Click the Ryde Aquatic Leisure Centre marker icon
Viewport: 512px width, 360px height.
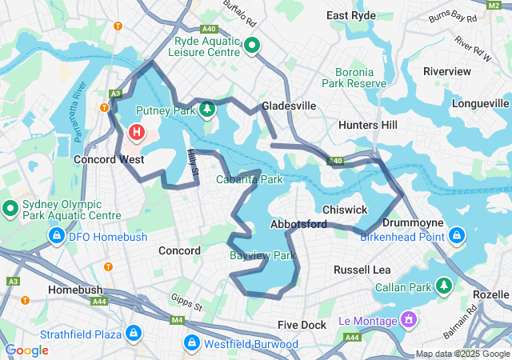pos(252,46)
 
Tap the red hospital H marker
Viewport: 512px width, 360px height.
pos(137,131)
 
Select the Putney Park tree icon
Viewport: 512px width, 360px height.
pos(207,109)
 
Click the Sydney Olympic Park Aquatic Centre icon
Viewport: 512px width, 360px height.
pos(10,210)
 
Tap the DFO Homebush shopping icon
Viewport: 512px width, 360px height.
pos(57,236)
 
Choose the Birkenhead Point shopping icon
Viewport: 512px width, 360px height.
pos(457,236)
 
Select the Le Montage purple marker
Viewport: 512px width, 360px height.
pos(409,321)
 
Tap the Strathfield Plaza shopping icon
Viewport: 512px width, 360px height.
pos(133,333)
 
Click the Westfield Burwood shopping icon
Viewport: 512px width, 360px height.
pos(192,344)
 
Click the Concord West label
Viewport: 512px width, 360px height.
pos(109,159)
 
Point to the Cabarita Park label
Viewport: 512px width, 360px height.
pos(250,179)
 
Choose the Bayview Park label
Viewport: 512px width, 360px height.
pos(263,256)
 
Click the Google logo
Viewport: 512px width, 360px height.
pos(27,350)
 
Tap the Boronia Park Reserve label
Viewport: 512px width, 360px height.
pos(354,77)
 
